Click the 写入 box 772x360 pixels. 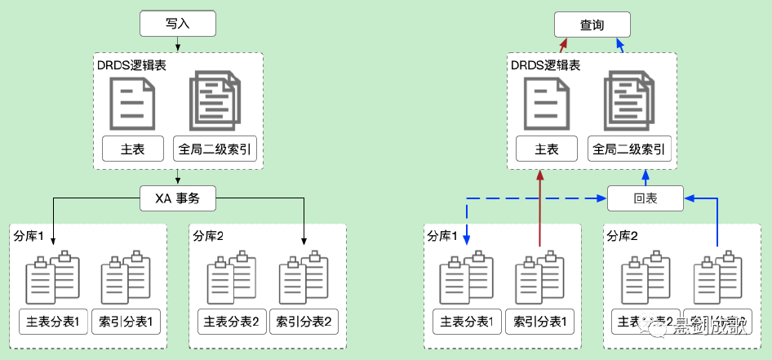click(x=178, y=24)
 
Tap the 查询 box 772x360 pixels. click(x=592, y=24)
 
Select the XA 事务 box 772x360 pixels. click(x=178, y=197)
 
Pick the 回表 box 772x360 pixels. click(x=646, y=198)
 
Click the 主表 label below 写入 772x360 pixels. click(x=132, y=149)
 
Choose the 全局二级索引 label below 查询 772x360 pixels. click(x=628, y=149)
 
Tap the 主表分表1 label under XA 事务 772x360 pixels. click(x=53, y=321)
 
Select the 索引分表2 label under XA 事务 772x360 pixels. click(x=304, y=321)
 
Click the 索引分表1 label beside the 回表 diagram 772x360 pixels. click(x=539, y=321)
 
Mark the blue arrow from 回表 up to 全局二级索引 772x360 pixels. click(x=646, y=177)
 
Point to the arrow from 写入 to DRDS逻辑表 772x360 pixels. click(x=178, y=44)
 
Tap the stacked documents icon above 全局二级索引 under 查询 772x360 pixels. click(x=628, y=101)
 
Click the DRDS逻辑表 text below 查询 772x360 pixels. click(x=545, y=64)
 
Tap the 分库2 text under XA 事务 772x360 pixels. click(x=210, y=235)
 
